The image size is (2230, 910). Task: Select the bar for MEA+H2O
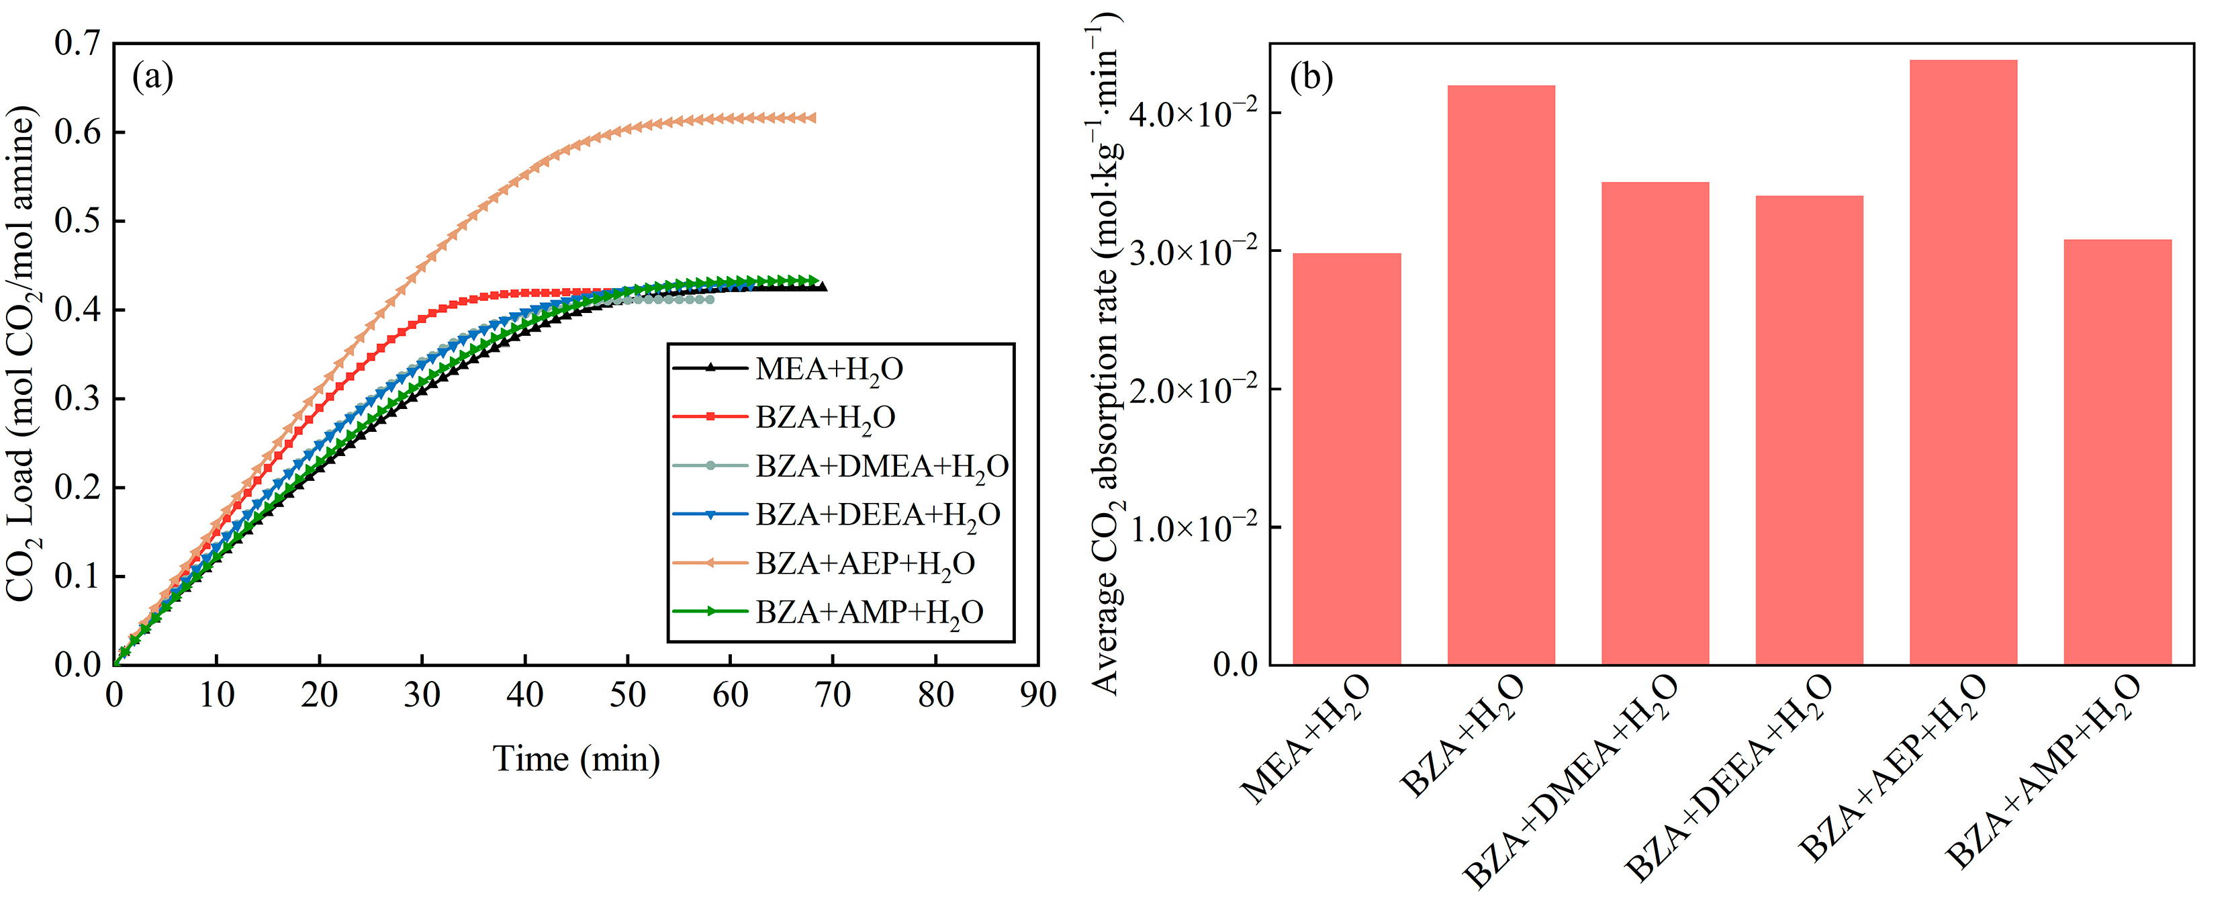coord(1346,459)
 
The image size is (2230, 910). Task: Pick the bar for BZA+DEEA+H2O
coord(1808,430)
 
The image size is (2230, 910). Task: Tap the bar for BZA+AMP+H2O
coord(2117,452)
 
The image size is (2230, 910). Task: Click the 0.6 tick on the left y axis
coord(78,132)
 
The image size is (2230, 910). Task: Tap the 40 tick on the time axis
coord(524,695)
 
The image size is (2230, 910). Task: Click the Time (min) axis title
coord(575,760)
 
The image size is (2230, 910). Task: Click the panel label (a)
coord(152,78)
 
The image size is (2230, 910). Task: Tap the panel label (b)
coord(1311,78)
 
